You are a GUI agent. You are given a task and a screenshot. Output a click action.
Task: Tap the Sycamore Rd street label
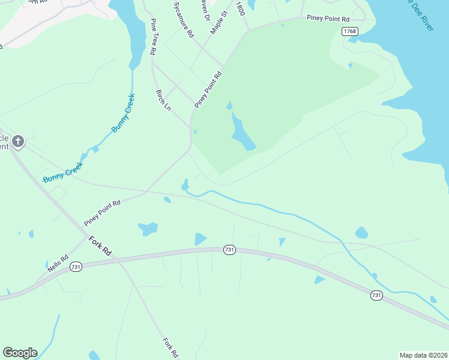(182, 20)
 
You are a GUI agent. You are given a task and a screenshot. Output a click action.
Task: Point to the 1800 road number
(241, 8)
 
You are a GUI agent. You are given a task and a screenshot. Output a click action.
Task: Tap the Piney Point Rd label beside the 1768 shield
(327, 18)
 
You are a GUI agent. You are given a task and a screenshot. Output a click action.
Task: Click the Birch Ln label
(163, 100)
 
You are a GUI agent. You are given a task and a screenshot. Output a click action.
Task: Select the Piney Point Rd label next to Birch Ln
(208, 90)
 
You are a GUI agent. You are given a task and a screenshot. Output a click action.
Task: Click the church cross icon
(18, 142)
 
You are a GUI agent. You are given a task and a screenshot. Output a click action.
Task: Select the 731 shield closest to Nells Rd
(76, 266)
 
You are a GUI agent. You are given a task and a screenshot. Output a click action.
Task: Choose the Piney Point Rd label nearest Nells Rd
(102, 213)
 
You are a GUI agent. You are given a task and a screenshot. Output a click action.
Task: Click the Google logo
(20, 353)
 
